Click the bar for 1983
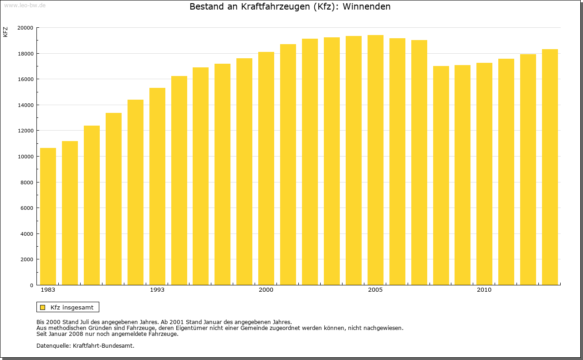[x=48, y=217]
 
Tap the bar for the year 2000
[x=266, y=168]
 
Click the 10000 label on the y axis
[x=25, y=157]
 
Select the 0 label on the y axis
[x=31, y=285]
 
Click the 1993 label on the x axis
[x=157, y=290]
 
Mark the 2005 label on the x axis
[x=375, y=290]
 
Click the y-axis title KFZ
[x=5, y=32]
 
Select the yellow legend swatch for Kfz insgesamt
[x=42, y=307]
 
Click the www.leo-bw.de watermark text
[x=25, y=5]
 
